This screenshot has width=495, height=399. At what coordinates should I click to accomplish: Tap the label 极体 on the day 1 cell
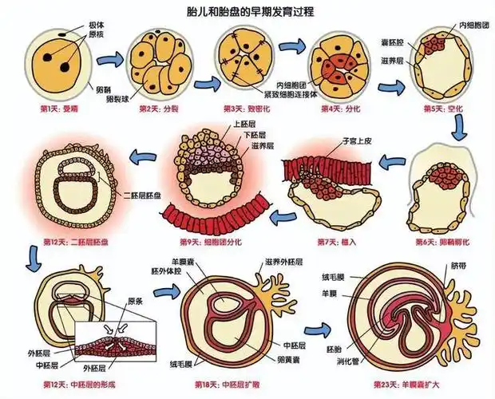94,26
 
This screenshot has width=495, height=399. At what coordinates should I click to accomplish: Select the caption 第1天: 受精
50,109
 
